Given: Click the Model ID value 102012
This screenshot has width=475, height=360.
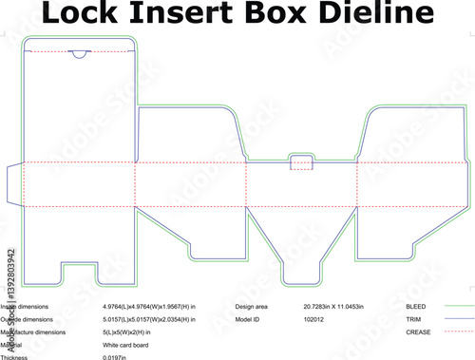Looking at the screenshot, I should click(314, 320).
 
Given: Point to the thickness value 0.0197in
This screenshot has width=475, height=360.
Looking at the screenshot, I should click(117, 356).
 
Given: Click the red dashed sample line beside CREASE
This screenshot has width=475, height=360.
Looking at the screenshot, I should click(460, 332).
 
